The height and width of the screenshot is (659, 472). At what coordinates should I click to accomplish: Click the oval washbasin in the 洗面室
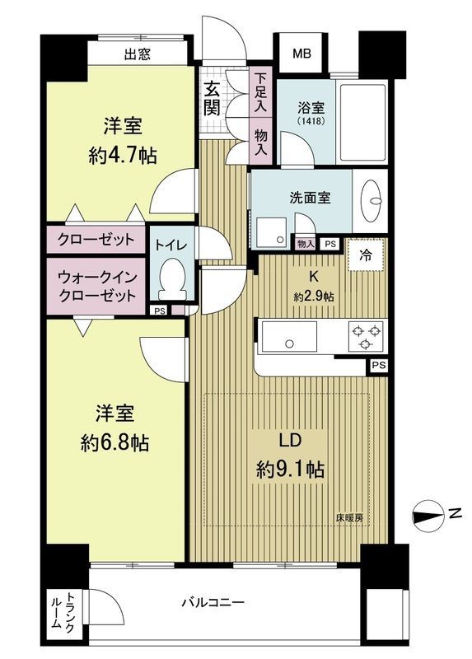click(x=372, y=200)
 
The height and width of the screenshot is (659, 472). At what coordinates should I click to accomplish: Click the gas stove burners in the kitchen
click(x=365, y=334)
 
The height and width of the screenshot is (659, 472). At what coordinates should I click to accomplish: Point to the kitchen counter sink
click(x=289, y=337)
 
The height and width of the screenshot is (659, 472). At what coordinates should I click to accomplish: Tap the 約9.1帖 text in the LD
click(x=290, y=470)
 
